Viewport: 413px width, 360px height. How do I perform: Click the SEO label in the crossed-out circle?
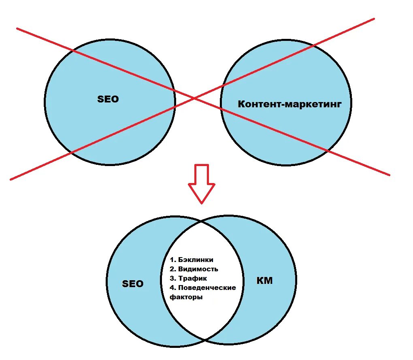(108, 99)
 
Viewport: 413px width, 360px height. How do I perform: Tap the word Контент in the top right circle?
(259, 104)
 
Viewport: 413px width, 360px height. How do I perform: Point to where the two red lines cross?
(194, 98)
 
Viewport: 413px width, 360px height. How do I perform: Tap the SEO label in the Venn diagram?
(133, 284)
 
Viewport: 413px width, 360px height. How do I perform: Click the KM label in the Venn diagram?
(265, 281)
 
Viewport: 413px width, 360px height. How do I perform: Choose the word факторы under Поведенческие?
(187, 297)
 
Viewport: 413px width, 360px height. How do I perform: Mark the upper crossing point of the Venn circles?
(202, 222)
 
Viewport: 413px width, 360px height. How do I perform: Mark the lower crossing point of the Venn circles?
(205, 339)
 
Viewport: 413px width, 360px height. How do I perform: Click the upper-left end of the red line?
(17, 28)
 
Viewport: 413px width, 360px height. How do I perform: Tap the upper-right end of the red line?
(374, 18)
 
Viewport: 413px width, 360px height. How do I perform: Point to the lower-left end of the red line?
(11, 179)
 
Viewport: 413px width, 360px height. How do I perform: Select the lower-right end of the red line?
(389, 175)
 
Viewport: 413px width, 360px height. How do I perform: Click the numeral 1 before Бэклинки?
(172, 260)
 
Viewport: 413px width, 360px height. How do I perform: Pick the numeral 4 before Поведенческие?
(172, 288)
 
